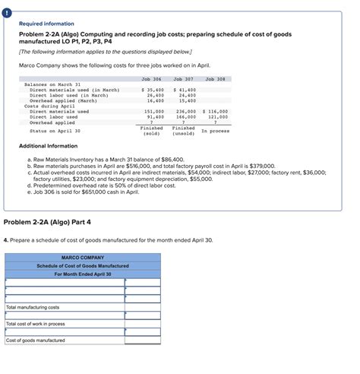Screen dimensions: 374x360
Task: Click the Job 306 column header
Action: coord(152,78)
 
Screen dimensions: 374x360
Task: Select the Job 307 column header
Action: coord(184,78)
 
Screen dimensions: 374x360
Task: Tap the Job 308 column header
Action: coord(216,78)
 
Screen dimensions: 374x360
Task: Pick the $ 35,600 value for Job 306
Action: coord(153,90)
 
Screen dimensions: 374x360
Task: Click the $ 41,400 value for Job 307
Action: coord(185,90)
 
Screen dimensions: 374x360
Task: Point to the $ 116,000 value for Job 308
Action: coord(216,111)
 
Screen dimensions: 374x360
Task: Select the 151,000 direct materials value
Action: coord(155,111)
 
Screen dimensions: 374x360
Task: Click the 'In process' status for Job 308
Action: coord(216,130)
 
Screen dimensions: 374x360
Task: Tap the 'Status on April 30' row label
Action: coord(55,130)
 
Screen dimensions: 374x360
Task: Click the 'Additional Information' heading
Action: coord(48,146)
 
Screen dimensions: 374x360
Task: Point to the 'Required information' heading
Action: coord(47,24)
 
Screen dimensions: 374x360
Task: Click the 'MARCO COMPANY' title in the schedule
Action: coord(83,258)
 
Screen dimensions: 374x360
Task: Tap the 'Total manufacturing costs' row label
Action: coord(33,307)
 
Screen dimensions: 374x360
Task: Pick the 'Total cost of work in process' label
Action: coord(36,324)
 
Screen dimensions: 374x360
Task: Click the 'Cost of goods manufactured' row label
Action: coord(36,341)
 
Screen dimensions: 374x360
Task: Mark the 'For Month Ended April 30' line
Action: coord(83,274)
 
